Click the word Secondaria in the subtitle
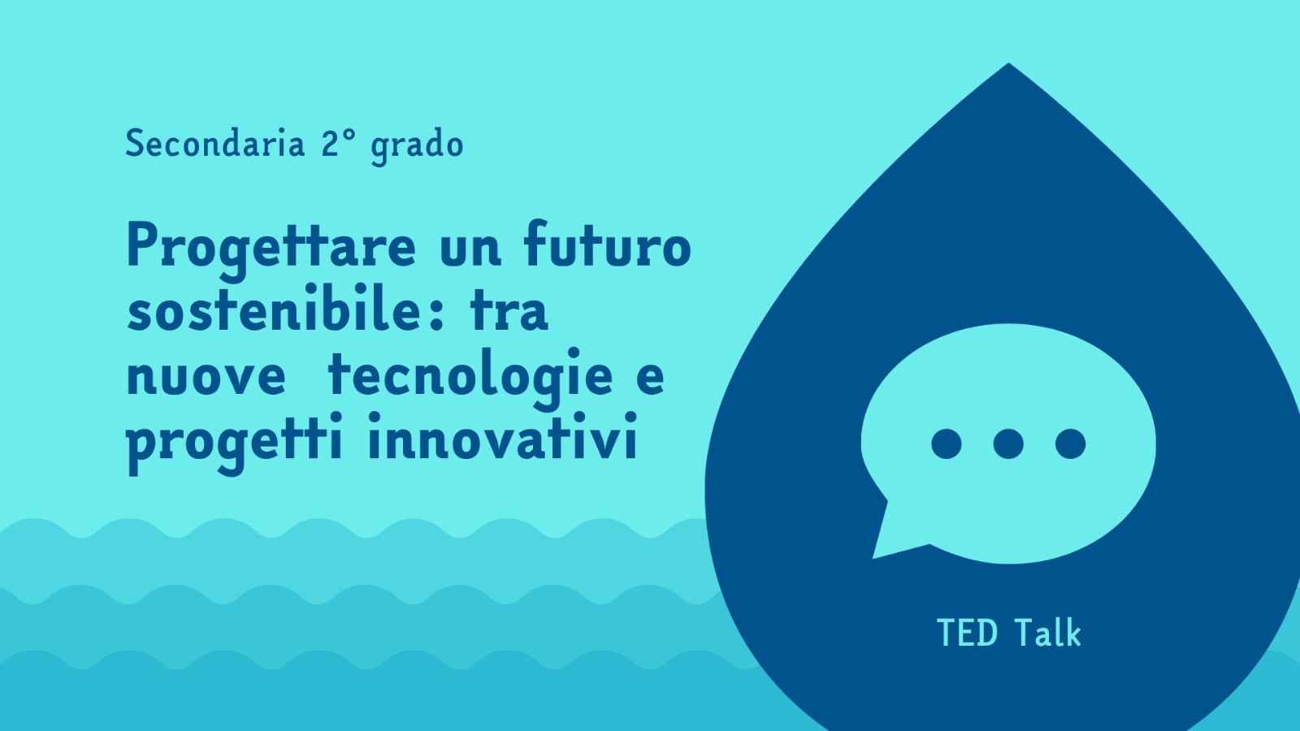(214, 143)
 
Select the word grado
(417, 147)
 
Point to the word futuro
(607, 244)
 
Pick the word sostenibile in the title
(273, 308)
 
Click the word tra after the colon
(509, 312)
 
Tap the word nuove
(206, 378)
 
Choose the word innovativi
(503, 435)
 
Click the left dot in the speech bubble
(946, 443)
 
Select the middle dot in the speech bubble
(1008, 443)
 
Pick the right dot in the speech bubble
(1070, 443)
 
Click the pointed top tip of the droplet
(1008, 63)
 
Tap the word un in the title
(470, 251)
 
